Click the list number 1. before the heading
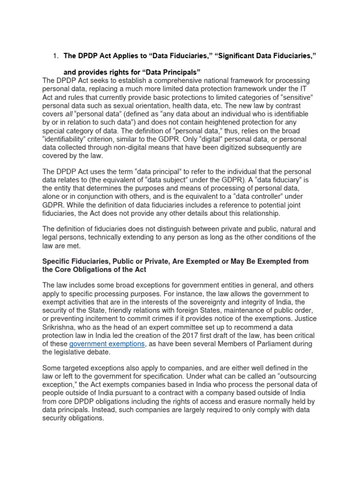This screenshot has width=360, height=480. coord(55,56)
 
